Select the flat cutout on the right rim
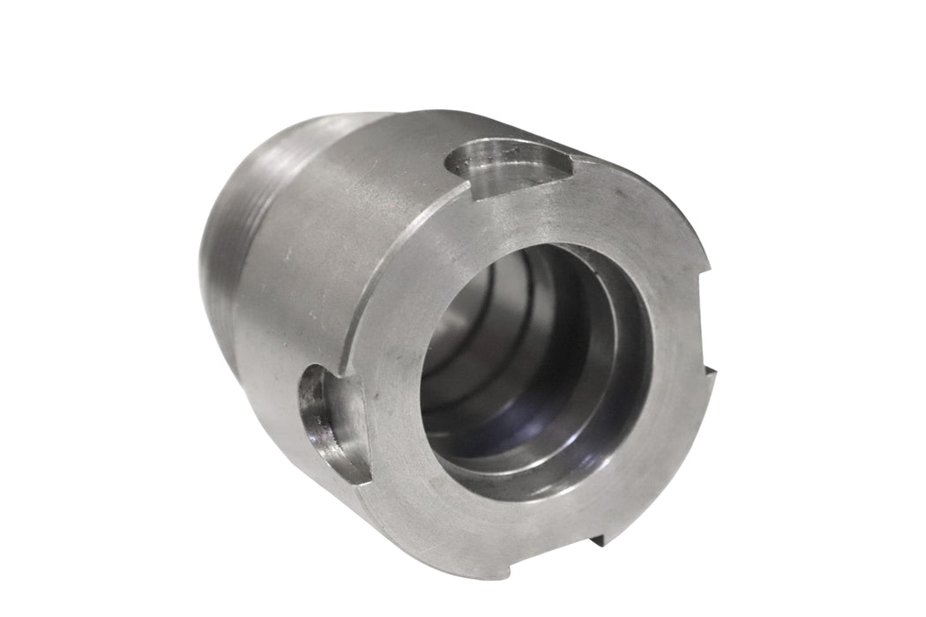(706, 326)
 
